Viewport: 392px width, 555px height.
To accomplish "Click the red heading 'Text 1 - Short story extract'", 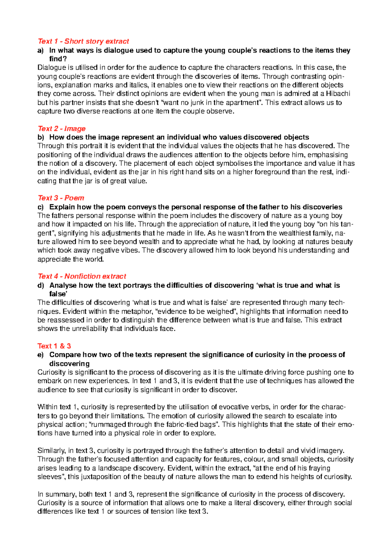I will (83, 41).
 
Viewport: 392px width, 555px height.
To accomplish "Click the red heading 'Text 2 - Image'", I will (61, 128).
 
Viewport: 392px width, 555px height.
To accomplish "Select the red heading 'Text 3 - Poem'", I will (61, 198).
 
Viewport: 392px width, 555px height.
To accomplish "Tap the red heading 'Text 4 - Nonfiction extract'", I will (82, 277).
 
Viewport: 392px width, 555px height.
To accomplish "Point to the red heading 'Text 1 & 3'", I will (54, 346).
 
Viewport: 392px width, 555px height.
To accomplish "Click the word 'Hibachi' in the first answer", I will (338, 94).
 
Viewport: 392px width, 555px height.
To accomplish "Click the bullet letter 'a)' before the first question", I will (41, 50).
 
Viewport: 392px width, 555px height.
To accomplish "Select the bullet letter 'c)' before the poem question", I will (41, 207).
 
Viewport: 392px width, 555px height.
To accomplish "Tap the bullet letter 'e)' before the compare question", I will (41, 355).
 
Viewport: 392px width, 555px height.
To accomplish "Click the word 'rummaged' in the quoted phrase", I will (108, 425).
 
